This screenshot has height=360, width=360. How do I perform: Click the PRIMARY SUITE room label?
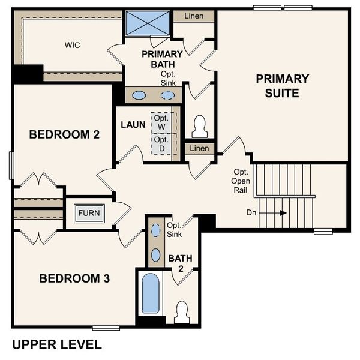click(282, 86)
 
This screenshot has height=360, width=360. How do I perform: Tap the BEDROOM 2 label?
click(64, 135)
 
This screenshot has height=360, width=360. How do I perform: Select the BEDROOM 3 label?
click(74, 278)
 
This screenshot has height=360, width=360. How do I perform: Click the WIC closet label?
click(73, 45)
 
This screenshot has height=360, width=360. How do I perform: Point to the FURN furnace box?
click(88, 213)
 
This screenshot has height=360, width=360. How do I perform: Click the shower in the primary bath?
click(148, 24)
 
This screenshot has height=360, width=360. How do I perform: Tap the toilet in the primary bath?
click(200, 127)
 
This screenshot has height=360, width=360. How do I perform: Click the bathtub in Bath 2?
click(150, 293)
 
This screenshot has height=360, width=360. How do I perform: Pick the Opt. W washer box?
click(161, 122)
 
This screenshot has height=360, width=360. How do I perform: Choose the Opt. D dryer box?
click(161, 144)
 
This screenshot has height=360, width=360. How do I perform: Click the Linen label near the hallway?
click(199, 148)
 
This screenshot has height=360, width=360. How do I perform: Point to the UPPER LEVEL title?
click(57, 344)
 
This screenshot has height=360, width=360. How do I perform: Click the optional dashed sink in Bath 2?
click(155, 230)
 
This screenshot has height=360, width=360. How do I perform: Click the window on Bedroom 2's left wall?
click(11, 164)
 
